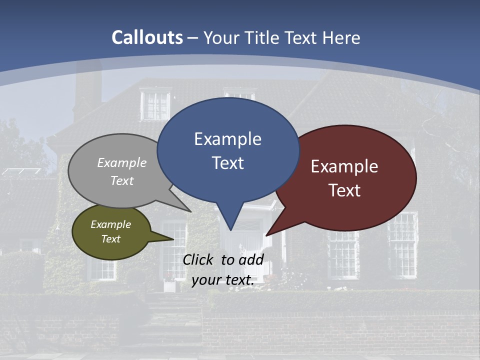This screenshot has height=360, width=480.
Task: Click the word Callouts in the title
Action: click(147, 37)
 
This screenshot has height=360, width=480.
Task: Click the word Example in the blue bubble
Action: click(227, 139)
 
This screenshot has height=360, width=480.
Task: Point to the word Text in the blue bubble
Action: click(227, 163)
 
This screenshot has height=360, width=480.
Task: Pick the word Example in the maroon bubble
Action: click(344, 166)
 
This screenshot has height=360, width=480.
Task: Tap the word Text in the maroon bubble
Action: click(344, 190)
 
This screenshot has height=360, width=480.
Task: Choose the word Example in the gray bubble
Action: click(122, 162)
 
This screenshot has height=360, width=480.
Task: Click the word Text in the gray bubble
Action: click(122, 180)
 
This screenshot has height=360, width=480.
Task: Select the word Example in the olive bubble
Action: click(110, 224)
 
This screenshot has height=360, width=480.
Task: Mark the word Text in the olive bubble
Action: click(110, 239)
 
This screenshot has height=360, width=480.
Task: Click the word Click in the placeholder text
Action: click(199, 259)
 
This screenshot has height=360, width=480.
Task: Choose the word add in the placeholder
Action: click(251, 259)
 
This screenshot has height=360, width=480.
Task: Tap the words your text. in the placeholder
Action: click(222, 280)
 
